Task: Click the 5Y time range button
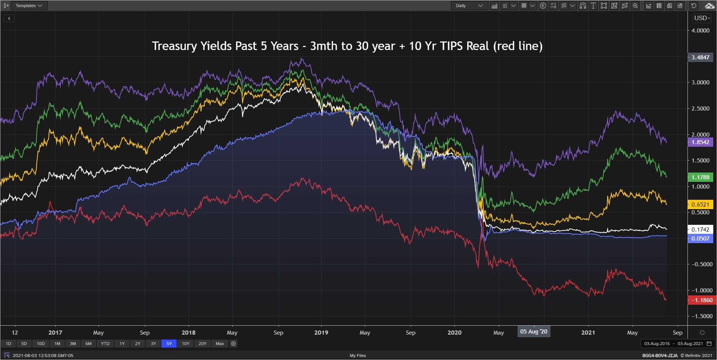pyautogui.click(x=169, y=344)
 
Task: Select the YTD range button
pyautogui.click(x=105, y=344)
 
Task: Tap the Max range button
pyautogui.click(x=220, y=344)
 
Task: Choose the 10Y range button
pyautogui.click(x=186, y=344)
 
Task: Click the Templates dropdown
pyautogui.click(x=29, y=6)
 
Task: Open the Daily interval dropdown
pyautogui.click(x=469, y=6)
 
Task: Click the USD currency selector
pyautogui.click(x=702, y=18)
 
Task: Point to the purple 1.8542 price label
pyautogui.click(x=700, y=142)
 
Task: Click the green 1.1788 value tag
pyautogui.click(x=700, y=177)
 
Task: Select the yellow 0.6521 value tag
pyautogui.click(x=700, y=204)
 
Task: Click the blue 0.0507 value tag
pyautogui.click(x=700, y=239)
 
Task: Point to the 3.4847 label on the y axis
pyautogui.click(x=700, y=58)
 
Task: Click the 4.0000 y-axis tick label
pyautogui.click(x=700, y=31)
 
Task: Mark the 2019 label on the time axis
pyautogui.click(x=321, y=332)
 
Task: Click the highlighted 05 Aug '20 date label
pyautogui.click(x=534, y=332)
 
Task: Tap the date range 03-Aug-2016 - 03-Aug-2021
pyautogui.click(x=673, y=344)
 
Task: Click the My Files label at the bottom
pyautogui.click(x=358, y=356)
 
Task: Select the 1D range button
pyautogui.click(x=9, y=344)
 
